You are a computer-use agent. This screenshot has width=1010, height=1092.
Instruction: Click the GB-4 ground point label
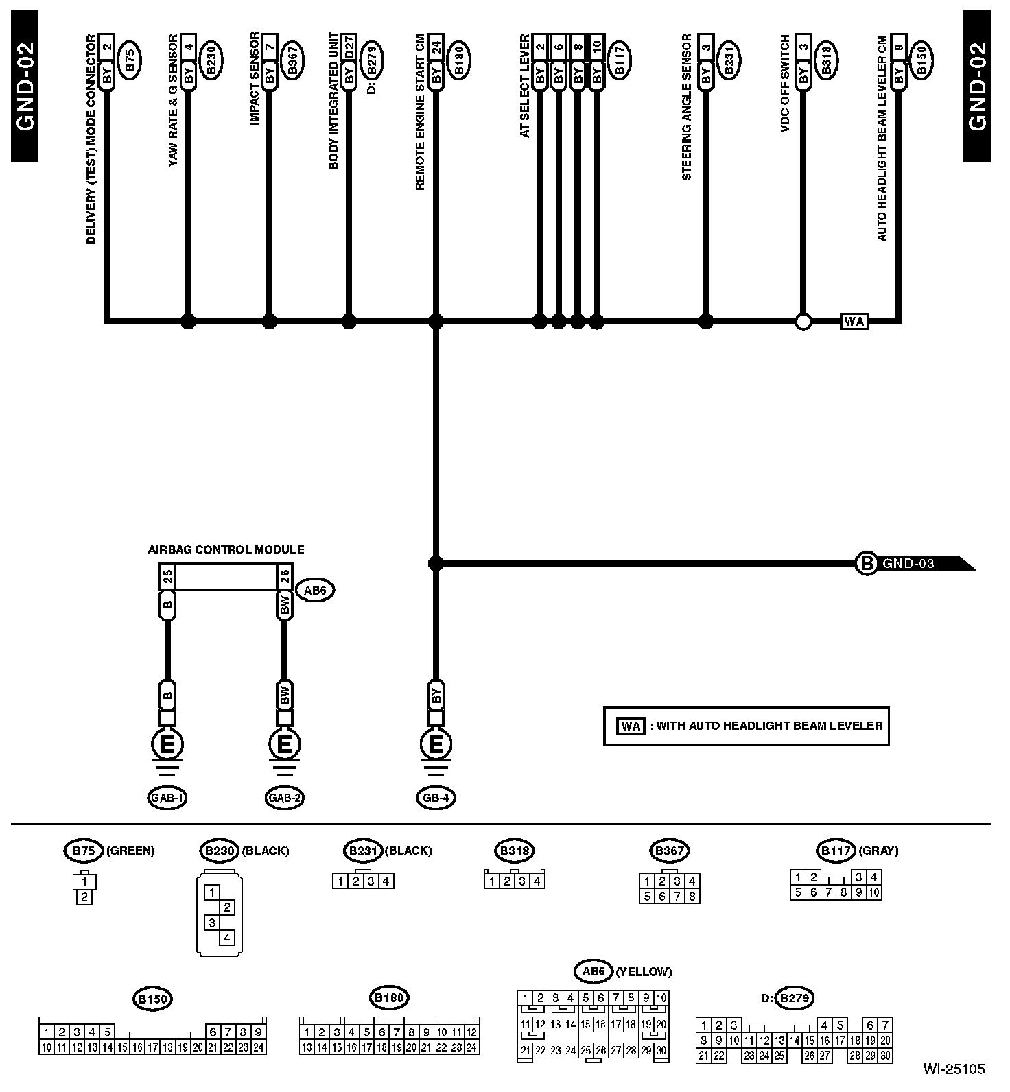pyautogui.click(x=436, y=797)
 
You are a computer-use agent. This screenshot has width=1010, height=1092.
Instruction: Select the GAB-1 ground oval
pyautogui.click(x=167, y=797)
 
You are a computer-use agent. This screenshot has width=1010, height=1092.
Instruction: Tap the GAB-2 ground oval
pyautogui.click(x=285, y=797)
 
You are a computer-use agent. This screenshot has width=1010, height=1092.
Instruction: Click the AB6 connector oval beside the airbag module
pyautogui.click(x=315, y=590)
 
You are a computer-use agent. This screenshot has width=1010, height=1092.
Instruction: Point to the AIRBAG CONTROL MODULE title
pyautogui.click(x=226, y=549)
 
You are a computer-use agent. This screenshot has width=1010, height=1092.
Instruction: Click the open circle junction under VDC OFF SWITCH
pyautogui.click(x=803, y=320)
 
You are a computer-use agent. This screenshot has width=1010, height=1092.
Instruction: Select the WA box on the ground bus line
pyautogui.click(x=854, y=320)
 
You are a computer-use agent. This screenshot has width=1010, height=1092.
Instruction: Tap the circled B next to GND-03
pyautogui.click(x=867, y=564)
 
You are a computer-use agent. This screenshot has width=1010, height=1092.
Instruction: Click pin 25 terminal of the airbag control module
pyautogui.click(x=167, y=576)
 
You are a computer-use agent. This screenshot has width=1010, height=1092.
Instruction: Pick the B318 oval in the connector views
pyautogui.click(x=514, y=851)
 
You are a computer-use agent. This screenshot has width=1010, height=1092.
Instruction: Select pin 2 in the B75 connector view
pyautogui.click(x=84, y=896)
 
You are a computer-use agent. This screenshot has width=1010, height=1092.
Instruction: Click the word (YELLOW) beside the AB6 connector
pyautogui.click(x=644, y=971)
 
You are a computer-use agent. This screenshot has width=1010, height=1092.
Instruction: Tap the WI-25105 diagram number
pyautogui.click(x=953, y=1069)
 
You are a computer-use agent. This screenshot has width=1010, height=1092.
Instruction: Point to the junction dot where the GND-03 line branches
pyautogui.click(x=435, y=564)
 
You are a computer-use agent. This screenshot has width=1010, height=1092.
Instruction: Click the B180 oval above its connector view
pyautogui.click(x=389, y=997)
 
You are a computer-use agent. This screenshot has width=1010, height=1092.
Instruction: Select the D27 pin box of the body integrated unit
pyautogui.click(x=349, y=50)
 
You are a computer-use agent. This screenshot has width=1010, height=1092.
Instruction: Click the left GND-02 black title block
pyautogui.click(x=25, y=86)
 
